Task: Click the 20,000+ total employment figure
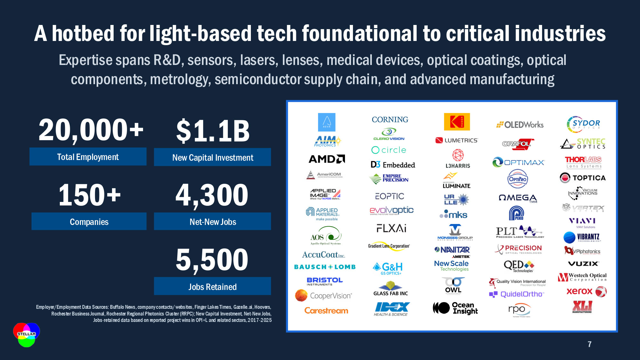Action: click(x=91, y=130)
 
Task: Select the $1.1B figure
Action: click(x=213, y=131)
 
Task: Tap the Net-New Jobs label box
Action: click(x=212, y=221)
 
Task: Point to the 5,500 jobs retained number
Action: click(x=212, y=260)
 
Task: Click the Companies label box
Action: click(x=89, y=221)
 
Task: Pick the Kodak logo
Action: click(x=457, y=122)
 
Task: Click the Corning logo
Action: click(x=390, y=120)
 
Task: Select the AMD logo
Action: click(x=326, y=159)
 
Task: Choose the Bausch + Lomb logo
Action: click(x=325, y=267)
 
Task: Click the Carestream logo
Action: click(x=326, y=310)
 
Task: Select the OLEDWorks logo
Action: click(x=520, y=125)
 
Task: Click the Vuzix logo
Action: click(x=583, y=264)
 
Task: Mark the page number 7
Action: click(x=589, y=344)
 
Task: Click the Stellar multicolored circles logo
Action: click(x=27, y=335)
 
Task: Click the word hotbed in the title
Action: click(x=83, y=34)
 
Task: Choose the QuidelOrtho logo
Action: click(x=516, y=294)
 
